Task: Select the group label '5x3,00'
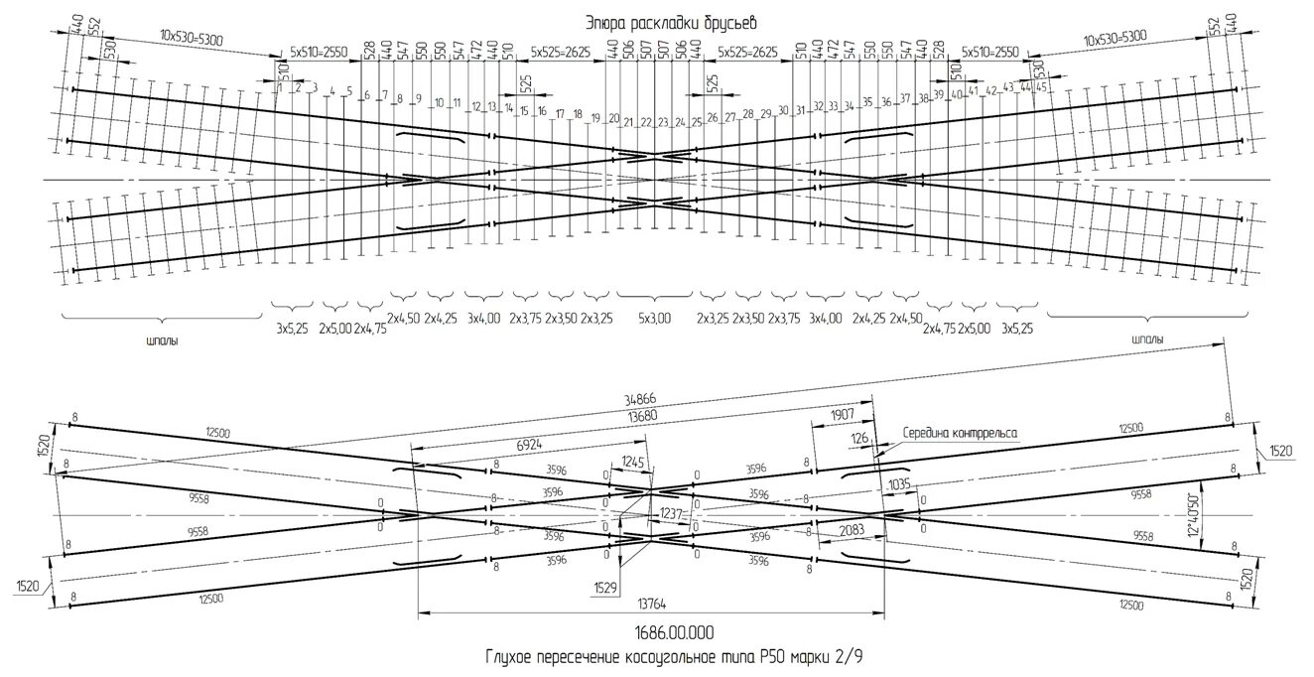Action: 654,319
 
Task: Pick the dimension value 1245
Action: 632,462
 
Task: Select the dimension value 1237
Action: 672,513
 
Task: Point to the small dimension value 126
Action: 858,437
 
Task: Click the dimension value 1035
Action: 901,484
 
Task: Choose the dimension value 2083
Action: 851,530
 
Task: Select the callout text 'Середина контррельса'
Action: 960,433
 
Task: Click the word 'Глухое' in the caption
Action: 511,656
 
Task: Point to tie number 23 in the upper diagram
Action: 663,123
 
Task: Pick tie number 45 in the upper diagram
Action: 1041,87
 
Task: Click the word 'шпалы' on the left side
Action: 162,339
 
